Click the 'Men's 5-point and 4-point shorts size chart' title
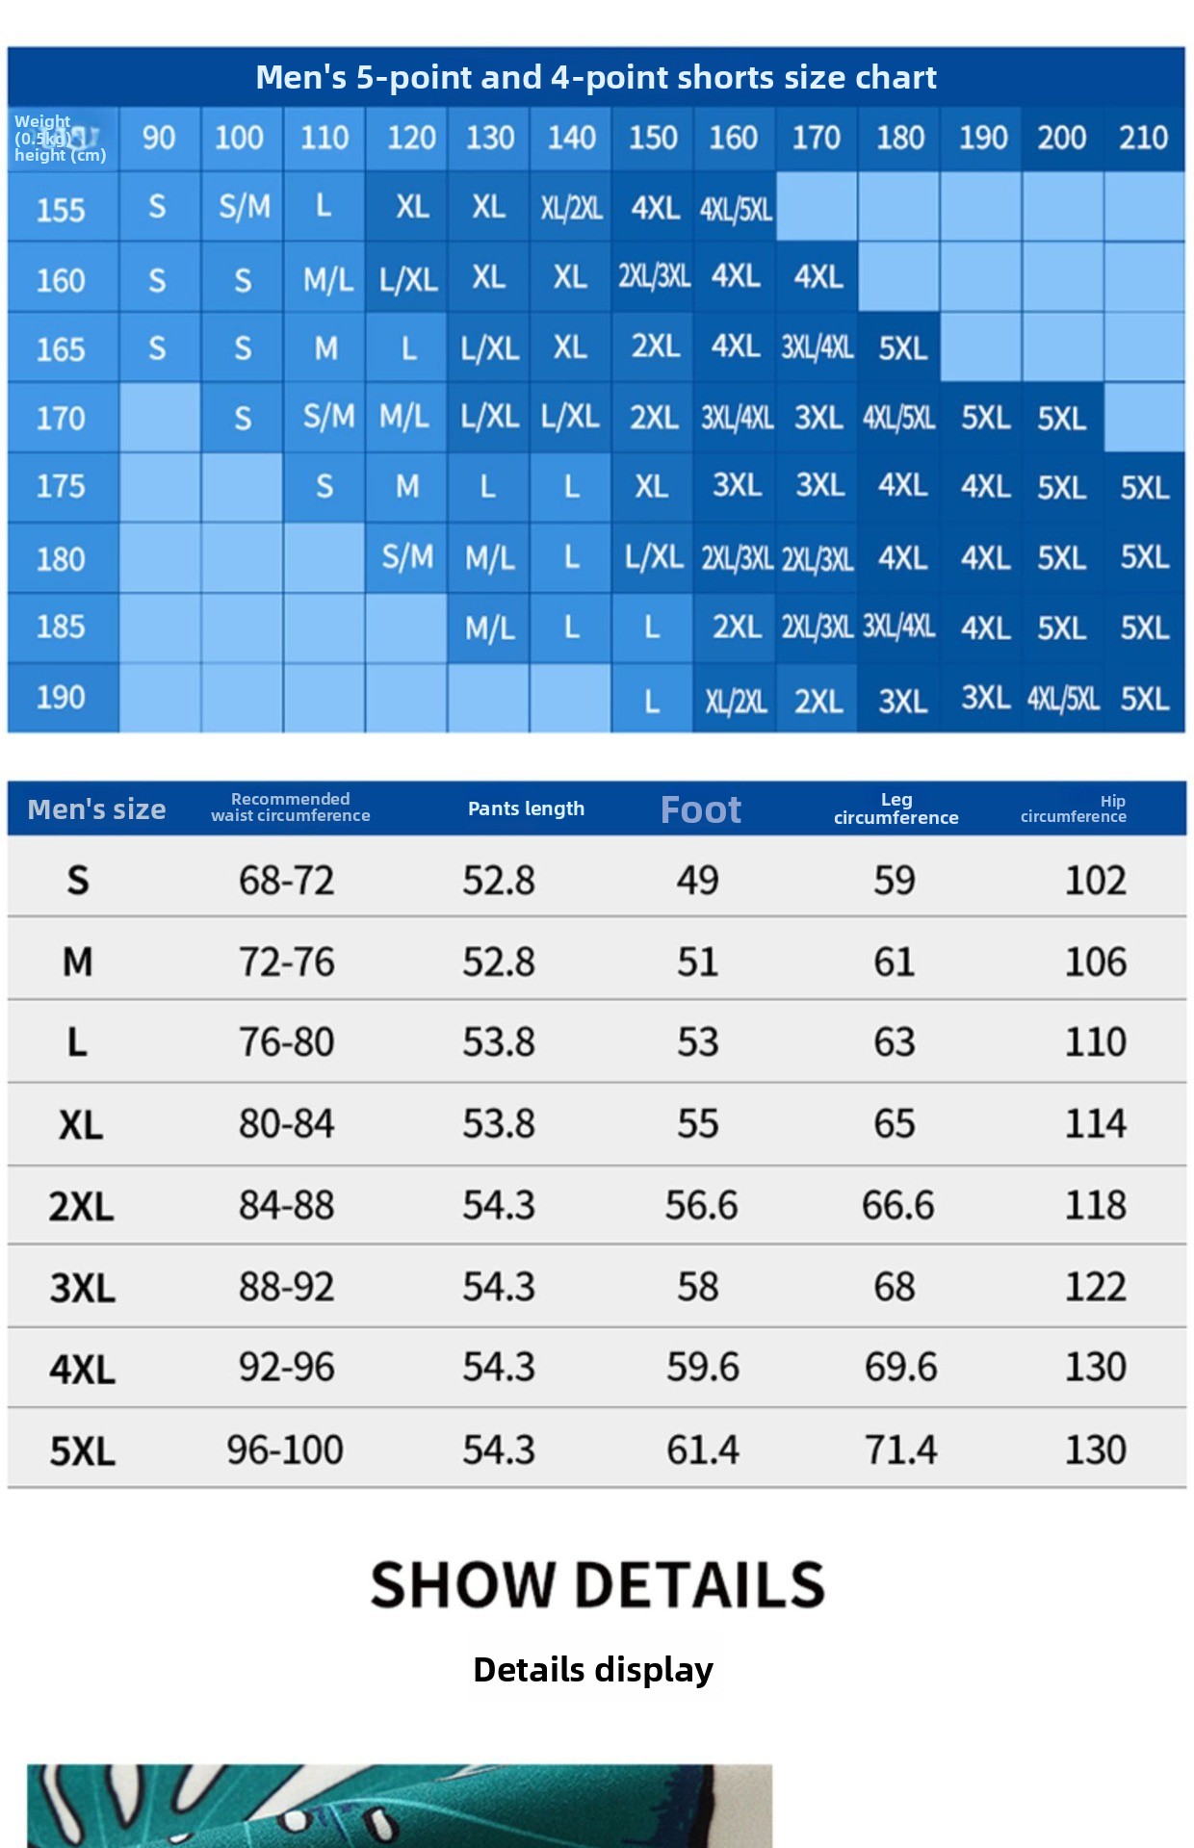tap(596, 77)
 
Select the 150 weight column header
tap(653, 138)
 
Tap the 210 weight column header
tap(1143, 138)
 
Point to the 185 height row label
tap(61, 628)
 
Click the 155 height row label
tap(61, 210)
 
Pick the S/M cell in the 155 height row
tap(245, 207)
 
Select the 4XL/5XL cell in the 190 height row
tap(1062, 698)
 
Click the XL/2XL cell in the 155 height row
tap(571, 208)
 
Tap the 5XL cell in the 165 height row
tap(902, 348)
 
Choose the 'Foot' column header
tap(701, 809)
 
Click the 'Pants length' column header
tap(526, 808)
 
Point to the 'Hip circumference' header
tap(1074, 808)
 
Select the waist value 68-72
tap(287, 881)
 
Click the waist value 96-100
tap(285, 1450)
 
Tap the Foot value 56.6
tap(701, 1205)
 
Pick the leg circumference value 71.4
tap(900, 1450)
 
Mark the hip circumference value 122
tap(1096, 1287)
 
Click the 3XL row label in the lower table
tap(82, 1288)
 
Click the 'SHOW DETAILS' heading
tap(598, 1585)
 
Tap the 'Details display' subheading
tap(593, 1670)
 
